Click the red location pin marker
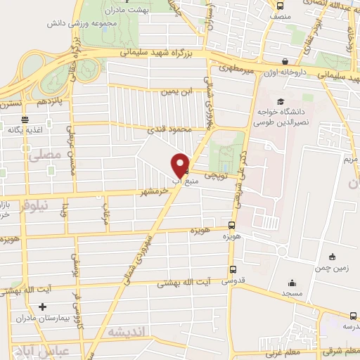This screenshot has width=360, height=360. point(181,165)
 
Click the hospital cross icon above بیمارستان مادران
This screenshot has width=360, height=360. point(43,307)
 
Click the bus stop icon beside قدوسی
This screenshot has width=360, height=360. point(232,269)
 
